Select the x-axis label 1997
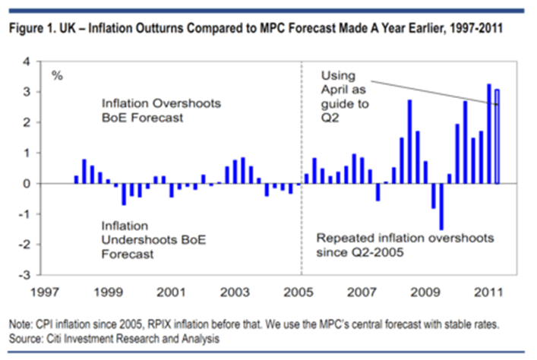coord(44,292)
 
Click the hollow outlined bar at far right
coord(497,137)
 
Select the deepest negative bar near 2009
coord(441,206)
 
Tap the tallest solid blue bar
coord(488,134)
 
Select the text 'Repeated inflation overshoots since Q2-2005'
coord(405,245)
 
